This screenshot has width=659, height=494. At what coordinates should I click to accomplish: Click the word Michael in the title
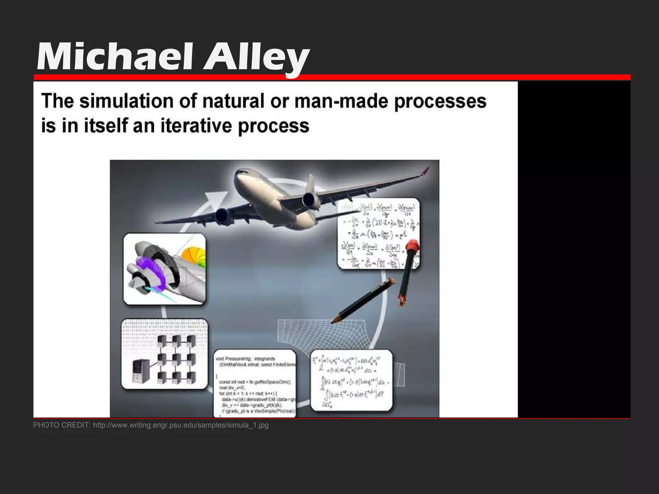[x=114, y=58]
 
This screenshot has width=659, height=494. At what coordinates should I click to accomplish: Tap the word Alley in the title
[x=256, y=58]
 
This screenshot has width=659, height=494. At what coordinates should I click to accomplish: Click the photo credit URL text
[x=181, y=425]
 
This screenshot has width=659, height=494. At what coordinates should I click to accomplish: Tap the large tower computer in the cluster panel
[x=140, y=371]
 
